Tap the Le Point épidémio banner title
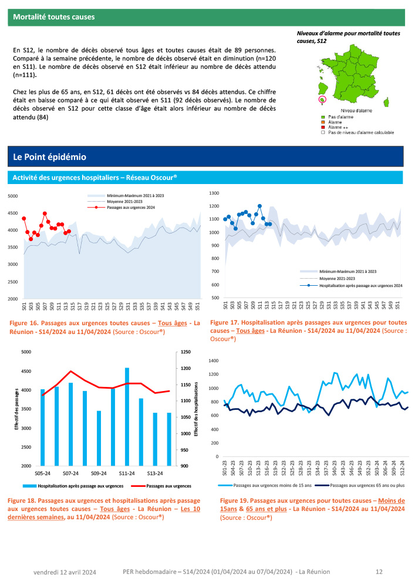pos(50,157)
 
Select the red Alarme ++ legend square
pos(322,127)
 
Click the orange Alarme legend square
pos(322,122)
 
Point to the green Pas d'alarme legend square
pos(322,118)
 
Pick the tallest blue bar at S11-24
pos(127,416)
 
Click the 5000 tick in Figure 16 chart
pos(13,196)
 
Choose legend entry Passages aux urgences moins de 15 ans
pos(270,486)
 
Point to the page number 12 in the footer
pos(379,572)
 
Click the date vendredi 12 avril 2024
pos(65,572)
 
